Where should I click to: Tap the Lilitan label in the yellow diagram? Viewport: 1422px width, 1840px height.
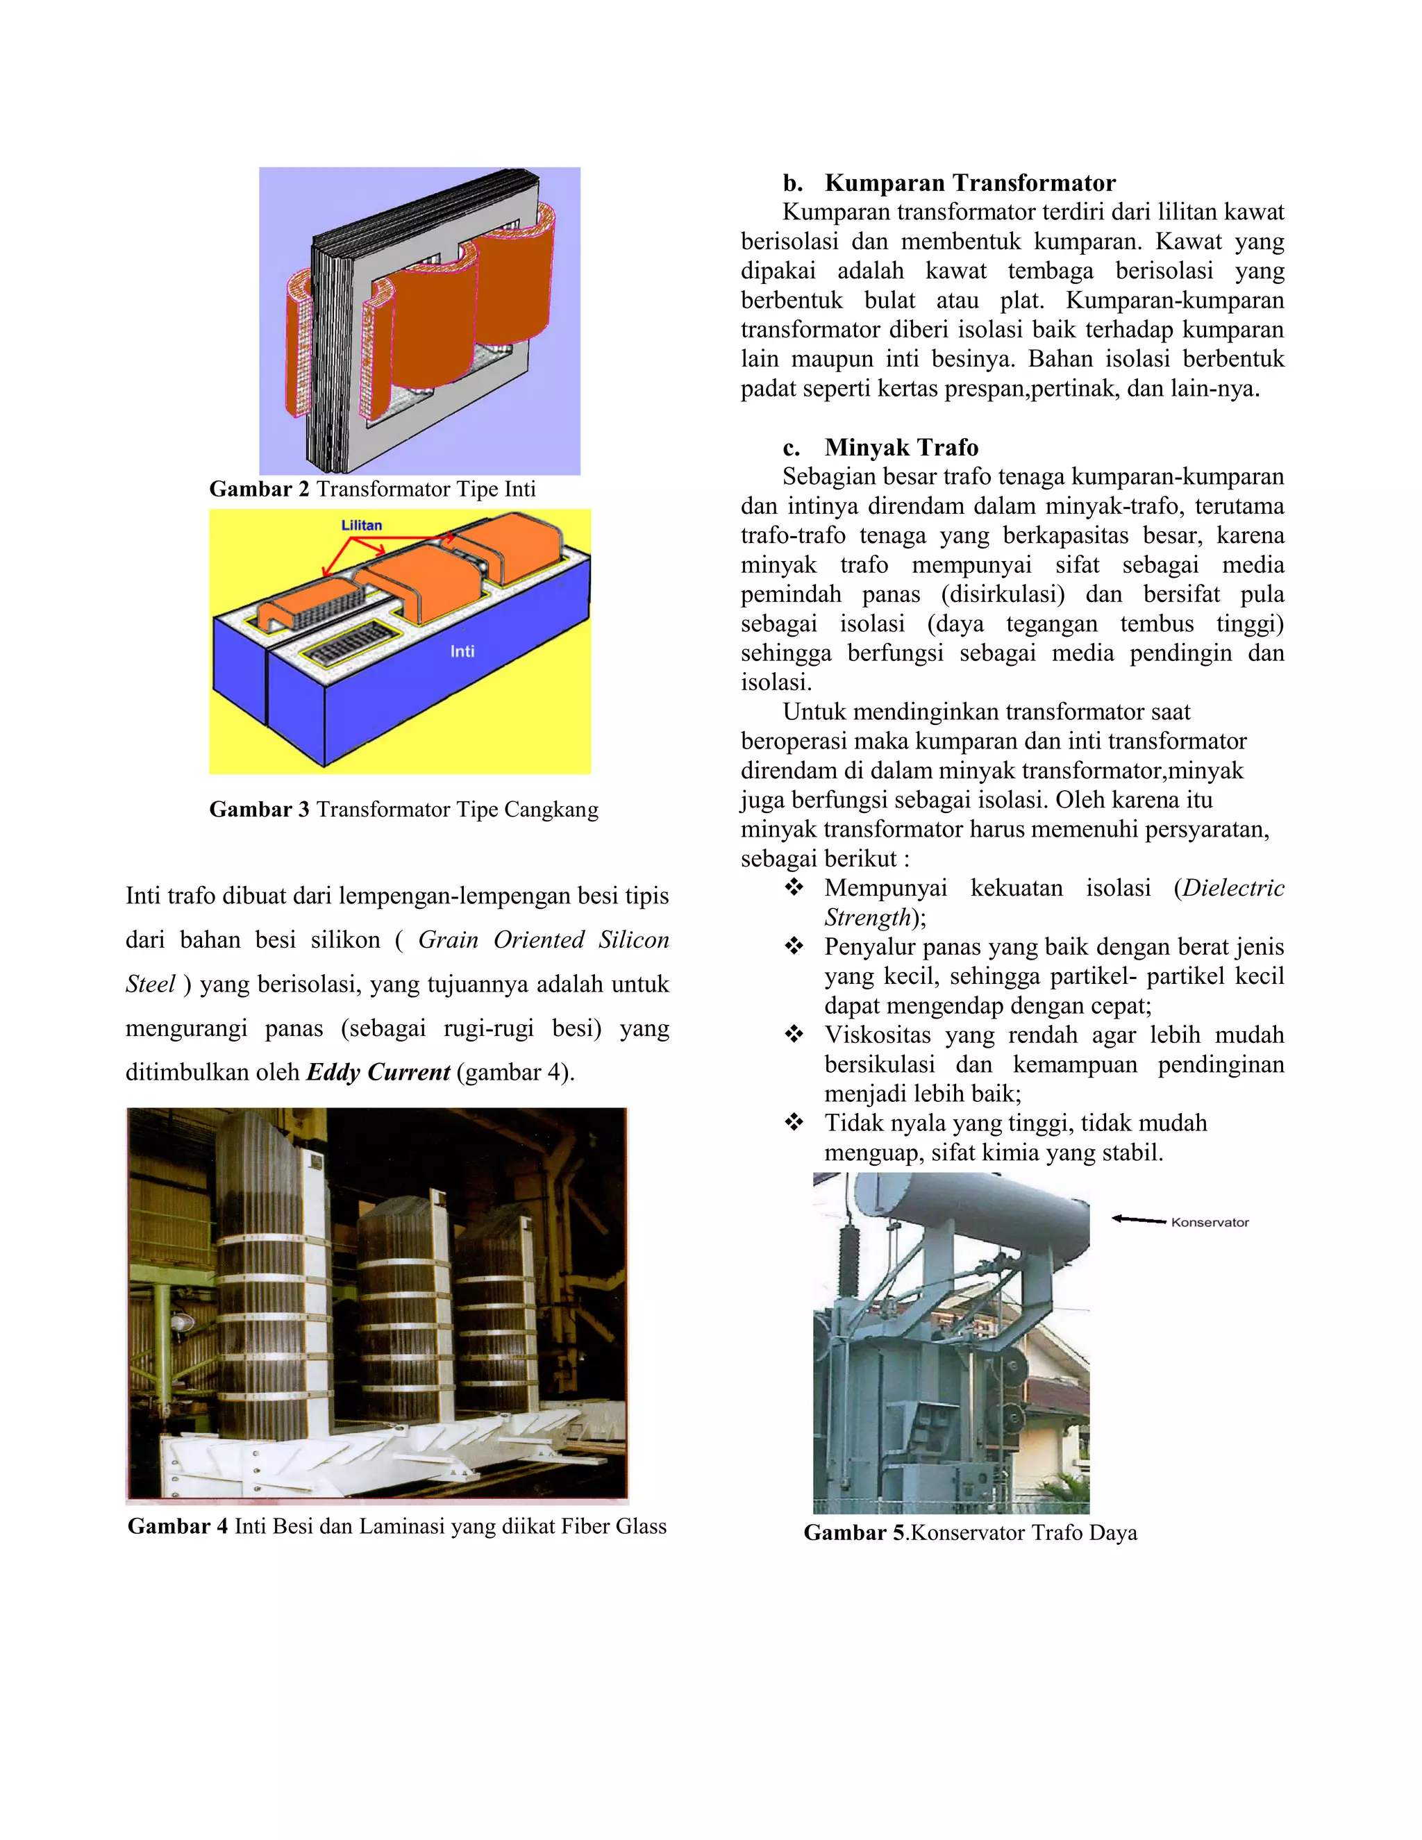(x=361, y=526)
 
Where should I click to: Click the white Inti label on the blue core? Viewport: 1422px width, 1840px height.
(x=462, y=651)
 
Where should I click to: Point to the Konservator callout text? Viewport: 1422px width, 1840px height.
(x=1210, y=1223)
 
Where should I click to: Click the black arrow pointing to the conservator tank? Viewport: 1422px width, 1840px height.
(x=1138, y=1219)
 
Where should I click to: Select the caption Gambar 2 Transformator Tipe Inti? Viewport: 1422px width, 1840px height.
(x=372, y=490)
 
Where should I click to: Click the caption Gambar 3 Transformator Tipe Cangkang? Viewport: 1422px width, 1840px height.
(x=403, y=810)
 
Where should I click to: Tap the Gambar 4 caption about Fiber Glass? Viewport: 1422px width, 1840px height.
(x=396, y=1527)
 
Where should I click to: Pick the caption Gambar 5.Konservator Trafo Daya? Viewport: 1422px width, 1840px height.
(x=969, y=1532)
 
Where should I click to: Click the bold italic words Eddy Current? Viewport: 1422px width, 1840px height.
(x=378, y=1073)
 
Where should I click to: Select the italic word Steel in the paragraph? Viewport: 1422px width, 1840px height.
(x=150, y=984)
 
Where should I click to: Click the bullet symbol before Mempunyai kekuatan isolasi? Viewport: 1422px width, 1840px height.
(x=794, y=888)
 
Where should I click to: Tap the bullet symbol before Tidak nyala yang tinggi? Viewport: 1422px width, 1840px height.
(x=794, y=1123)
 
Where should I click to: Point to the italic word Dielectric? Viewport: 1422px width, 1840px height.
(x=1232, y=888)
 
